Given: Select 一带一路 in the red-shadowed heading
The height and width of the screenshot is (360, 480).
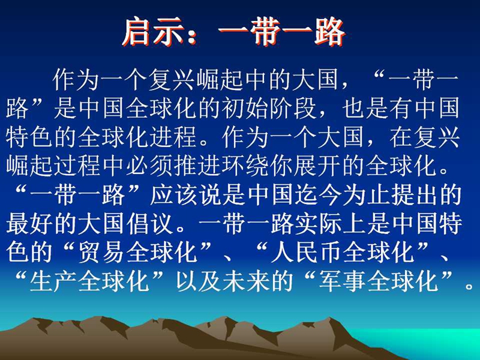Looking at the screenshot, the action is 282,32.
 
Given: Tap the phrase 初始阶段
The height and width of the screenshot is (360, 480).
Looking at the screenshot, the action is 269,108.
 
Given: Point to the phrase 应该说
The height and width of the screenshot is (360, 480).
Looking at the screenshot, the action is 186,194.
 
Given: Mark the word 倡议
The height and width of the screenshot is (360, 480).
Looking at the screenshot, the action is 149,224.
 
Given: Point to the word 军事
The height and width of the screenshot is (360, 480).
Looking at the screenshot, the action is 342,281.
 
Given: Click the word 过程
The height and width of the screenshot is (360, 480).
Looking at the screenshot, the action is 77,166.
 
